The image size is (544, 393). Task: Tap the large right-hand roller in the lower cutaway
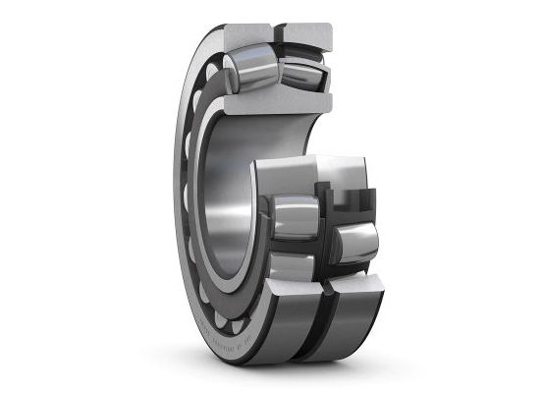tap(354, 241)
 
